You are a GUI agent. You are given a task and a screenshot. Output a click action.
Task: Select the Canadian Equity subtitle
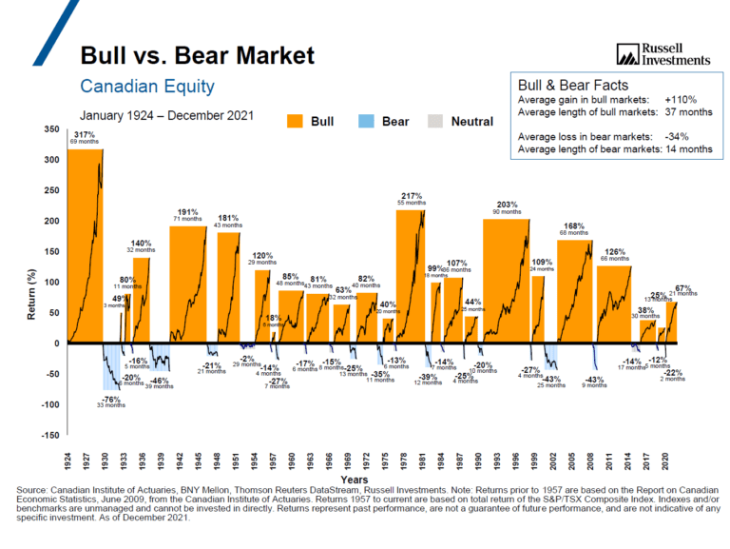tap(147, 88)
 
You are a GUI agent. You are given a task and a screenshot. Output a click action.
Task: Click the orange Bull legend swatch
tap(296, 122)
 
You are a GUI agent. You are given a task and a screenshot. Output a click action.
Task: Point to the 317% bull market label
tap(86, 135)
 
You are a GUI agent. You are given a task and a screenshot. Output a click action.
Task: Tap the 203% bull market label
tap(506, 205)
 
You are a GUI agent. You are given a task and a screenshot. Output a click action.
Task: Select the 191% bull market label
tap(187, 212)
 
